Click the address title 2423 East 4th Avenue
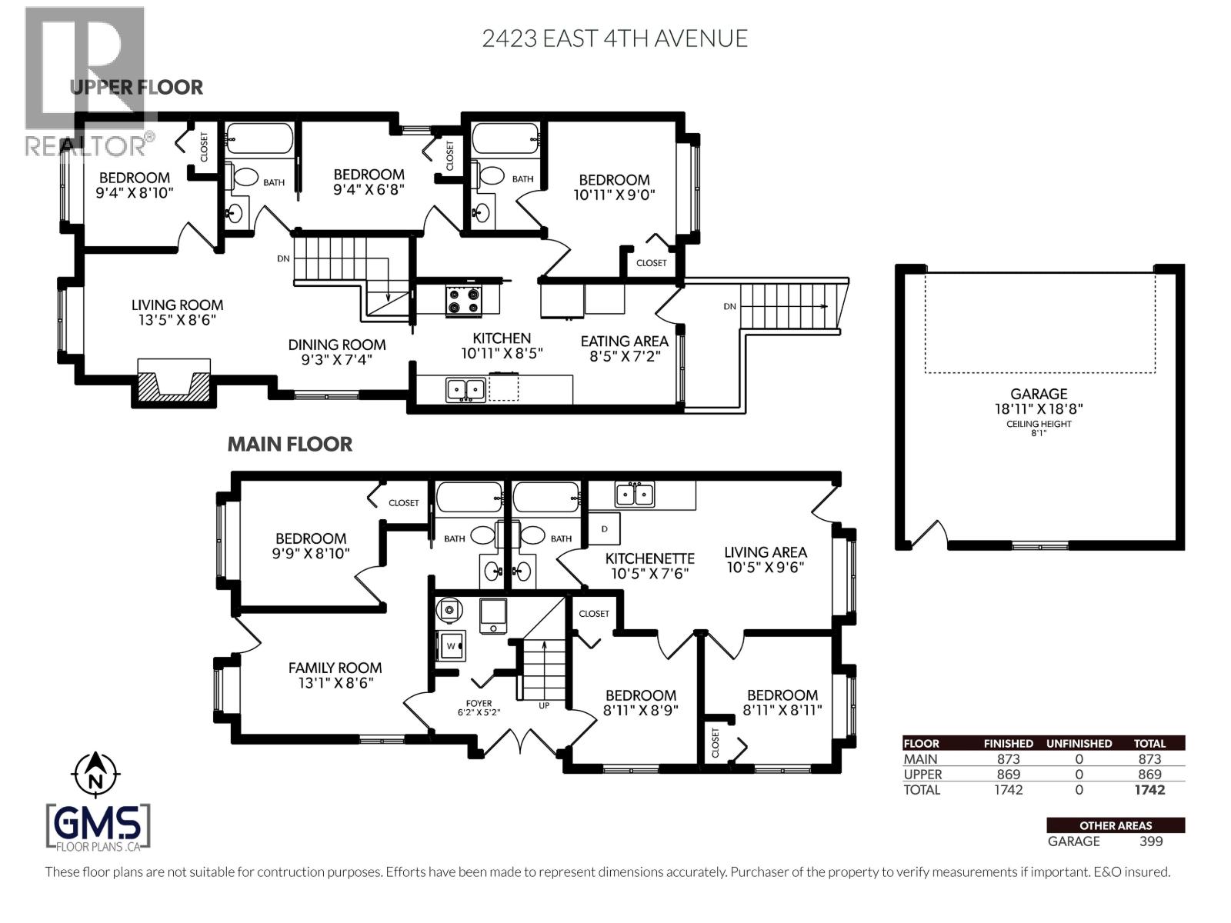coord(614,38)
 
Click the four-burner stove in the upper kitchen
coord(464,300)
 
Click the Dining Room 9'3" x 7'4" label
coord(337,352)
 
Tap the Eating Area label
coord(624,348)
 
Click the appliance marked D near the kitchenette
coord(604,529)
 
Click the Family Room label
coord(335,675)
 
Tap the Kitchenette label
coord(649,565)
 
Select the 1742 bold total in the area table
coord(1149,790)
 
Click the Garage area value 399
coord(1151,841)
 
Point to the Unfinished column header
coord(1079,743)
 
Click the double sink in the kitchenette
coord(634,494)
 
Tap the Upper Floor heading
coord(136,87)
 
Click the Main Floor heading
coord(289,444)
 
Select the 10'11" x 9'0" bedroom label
coord(614,187)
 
